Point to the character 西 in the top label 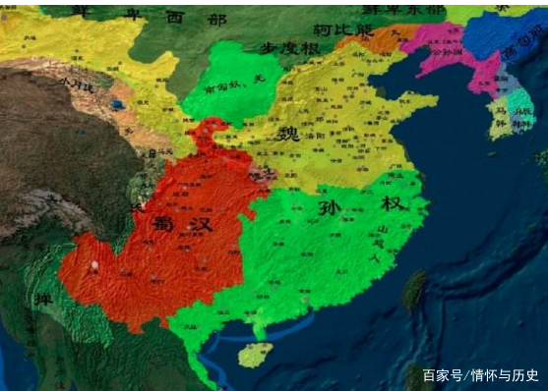[174, 15]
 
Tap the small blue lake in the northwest [118, 102]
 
